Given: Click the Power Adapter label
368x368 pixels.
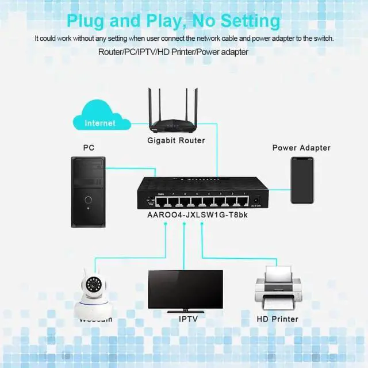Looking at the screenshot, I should point(301,148).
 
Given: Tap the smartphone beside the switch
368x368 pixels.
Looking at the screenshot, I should point(302,180).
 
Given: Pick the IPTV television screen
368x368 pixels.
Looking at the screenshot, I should point(185,290).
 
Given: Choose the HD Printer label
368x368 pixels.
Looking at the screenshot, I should point(278,319).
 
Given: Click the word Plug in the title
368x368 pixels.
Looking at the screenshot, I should point(89,21).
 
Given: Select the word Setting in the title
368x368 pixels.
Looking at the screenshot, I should point(251,21).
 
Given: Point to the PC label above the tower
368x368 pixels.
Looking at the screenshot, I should point(89,148).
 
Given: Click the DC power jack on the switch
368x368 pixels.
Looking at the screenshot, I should point(255,201).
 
